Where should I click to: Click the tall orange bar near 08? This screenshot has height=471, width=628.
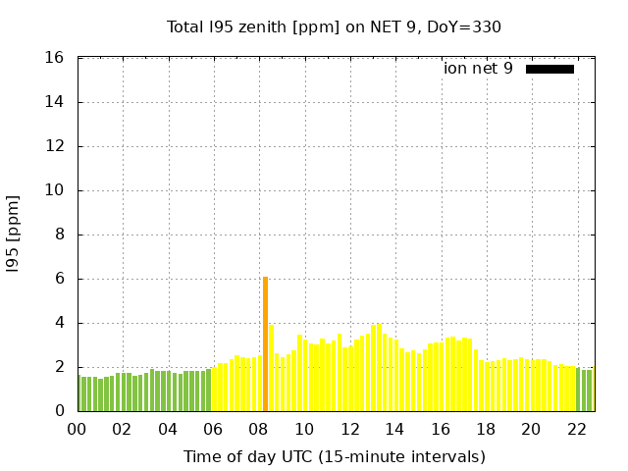pyautogui.click(x=265, y=343)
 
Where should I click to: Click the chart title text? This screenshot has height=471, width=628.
pyautogui.click(x=334, y=26)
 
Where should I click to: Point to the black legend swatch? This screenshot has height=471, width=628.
pyautogui.click(x=549, y=69)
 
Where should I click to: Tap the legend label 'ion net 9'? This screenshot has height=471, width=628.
pyautogui.click(x=478, y=69)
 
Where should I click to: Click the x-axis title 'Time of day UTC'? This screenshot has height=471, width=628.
pyautogui.click(x=334, y=456)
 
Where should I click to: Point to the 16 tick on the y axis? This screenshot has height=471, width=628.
pyautogui.click(x=55, y=58)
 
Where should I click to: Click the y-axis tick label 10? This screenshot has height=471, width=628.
pyautogui.click(x=55, y=190)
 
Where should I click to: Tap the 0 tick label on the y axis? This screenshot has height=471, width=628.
pyautogui.click(x=59, y=411)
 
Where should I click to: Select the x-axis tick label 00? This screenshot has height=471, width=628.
pyautogui.click(x=78, y=429)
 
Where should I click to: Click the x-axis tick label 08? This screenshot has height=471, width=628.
pyautogui.click(x=259, y=429)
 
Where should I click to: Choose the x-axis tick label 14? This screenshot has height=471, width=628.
pyautogui.click(x=394, y=429)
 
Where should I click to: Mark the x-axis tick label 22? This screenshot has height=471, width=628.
pyautogui.click(x=576, y=429)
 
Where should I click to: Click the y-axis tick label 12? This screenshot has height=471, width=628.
pyautogui.click(x=55, y=146)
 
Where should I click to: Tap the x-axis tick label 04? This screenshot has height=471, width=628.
pyautogui.click(x=168, y=429)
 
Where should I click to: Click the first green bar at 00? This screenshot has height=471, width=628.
pyautogui.click(x=79, y=393)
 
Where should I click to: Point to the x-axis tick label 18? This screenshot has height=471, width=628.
pyautogui.click(x=486, y=429)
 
